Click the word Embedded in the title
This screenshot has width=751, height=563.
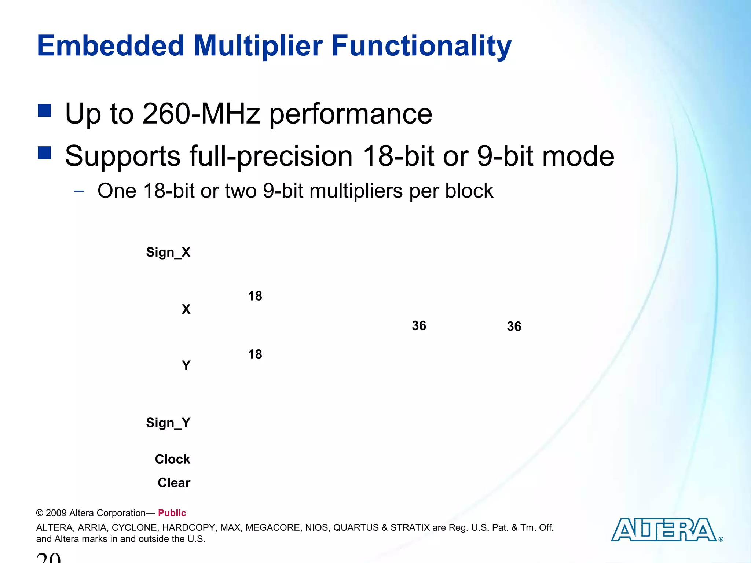(x=110, y=46)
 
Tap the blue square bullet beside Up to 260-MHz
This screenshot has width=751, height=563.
(x=44, y=110)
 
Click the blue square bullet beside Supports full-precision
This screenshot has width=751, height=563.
(x=44, y=152)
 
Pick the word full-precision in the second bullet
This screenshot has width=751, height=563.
(x=271, y=157)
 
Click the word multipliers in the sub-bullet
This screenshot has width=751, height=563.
(x=356, y=191)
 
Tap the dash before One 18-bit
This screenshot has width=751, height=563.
(x=79, y=191)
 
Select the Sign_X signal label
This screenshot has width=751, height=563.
(x=168, y=252)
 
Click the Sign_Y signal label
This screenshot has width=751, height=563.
(x=168, y=423)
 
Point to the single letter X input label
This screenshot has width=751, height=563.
(x=186, y=309)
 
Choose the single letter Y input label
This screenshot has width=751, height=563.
(x=186, y=365)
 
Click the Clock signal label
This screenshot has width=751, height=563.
(x=172, y=459)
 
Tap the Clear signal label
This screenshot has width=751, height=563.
(x=174, y=483)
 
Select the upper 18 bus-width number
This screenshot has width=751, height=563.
(x=255, y=296)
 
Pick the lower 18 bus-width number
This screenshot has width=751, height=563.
(x=255, y=354)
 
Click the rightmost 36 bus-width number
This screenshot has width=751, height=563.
(x=514, y=326)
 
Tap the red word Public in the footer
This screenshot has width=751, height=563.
(x=172, y=513)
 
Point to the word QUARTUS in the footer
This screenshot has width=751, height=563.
(x=356, y=527)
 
